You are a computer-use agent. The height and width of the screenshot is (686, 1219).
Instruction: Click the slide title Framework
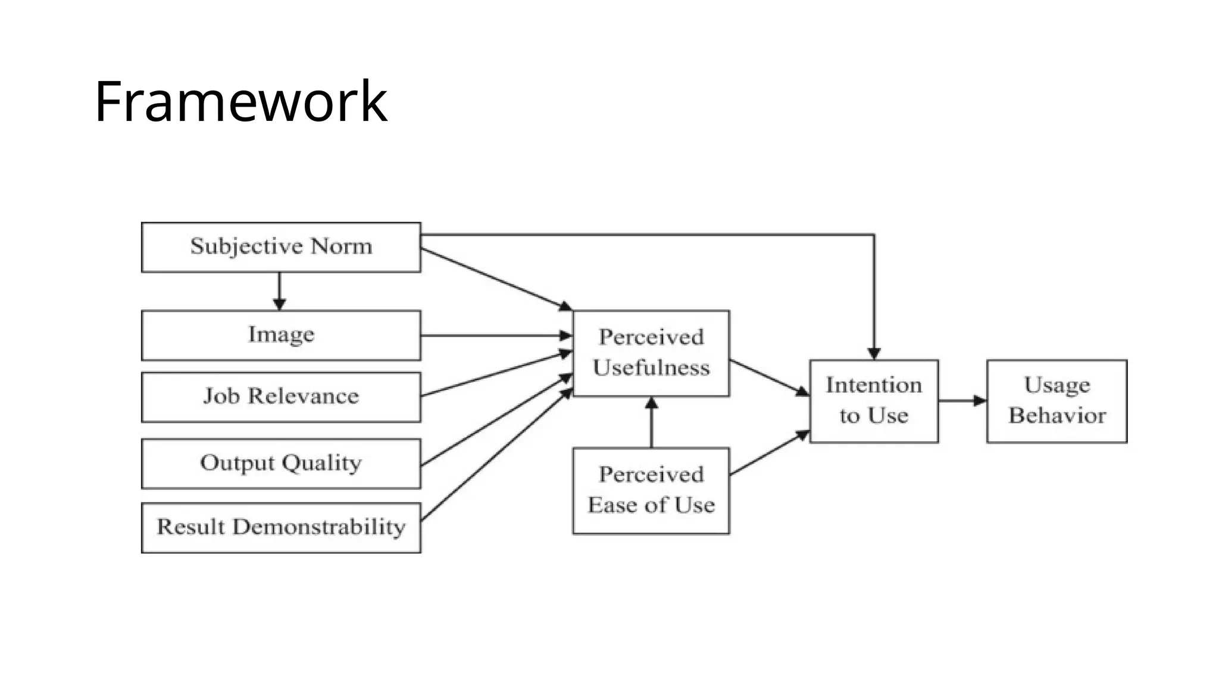point(240,102)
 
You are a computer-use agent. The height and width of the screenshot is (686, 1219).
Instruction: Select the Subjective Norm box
point(281,247)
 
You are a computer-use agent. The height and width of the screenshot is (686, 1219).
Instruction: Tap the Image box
point(281,335)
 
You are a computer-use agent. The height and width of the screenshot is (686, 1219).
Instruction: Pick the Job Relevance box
point(281,397)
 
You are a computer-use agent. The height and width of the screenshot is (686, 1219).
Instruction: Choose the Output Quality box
point(281,464)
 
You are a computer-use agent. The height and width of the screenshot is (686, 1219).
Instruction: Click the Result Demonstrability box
point(281,528)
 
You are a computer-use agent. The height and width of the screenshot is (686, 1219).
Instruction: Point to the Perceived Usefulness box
point(651,353)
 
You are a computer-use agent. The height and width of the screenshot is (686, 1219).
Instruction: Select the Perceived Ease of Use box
point(651,491)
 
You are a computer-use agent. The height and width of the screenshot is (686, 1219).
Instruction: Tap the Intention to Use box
point(874,401)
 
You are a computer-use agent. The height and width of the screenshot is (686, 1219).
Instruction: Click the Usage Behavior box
point(1057,401)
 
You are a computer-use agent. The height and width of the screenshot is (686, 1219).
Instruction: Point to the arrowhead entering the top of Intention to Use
point(874,354)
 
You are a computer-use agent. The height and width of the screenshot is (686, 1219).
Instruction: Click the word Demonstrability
point(318,528)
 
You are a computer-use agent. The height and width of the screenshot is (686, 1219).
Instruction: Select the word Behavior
point(1057,416)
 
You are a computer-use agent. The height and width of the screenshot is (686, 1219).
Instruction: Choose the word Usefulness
point(651,368)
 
